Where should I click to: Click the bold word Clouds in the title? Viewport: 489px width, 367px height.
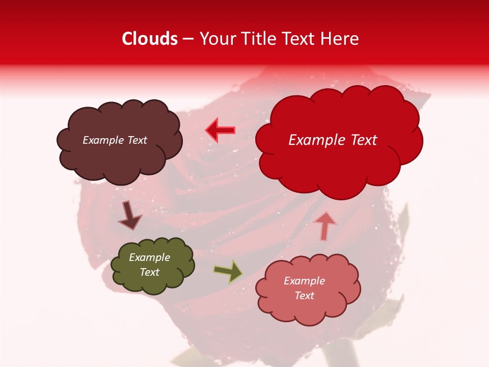click(x=150, y=39)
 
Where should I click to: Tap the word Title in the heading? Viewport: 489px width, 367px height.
click(x=257, y=39)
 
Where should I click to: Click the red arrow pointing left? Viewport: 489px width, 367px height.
click(x=220, y=130)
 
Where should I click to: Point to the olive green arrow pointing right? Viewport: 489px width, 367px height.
click(x=228, y=272)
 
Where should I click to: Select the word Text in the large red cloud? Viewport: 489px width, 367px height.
click(x=360, y=140)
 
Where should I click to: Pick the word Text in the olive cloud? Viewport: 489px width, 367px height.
click(x=149, y=272)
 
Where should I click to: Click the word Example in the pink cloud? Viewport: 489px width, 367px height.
click(x=304, y=281)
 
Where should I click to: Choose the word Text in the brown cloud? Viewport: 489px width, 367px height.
click(x=137, y=140)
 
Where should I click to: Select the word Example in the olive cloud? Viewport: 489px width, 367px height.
click(x=149, y=257)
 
